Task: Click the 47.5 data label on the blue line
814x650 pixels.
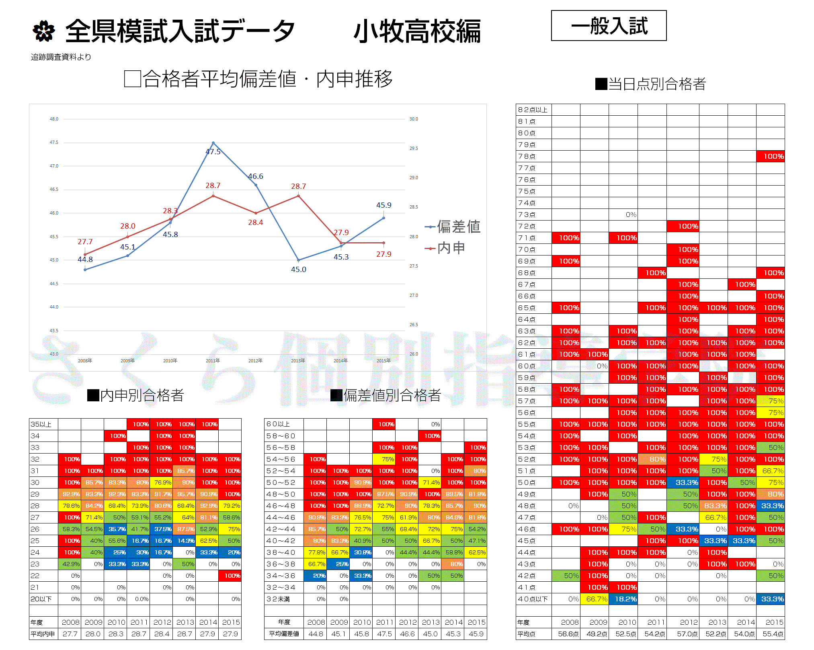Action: tap(213, 152)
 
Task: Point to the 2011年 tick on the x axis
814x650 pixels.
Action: tap(213, 361)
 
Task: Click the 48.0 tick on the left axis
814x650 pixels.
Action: tap(54, 119)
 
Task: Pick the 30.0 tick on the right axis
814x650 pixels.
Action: tap(414, 119)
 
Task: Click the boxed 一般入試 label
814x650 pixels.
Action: tap(609, 26)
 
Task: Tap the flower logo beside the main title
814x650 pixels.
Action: tap(43, 31)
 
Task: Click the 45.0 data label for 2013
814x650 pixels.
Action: tap(299, 270)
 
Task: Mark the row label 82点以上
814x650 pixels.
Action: tap(533, 110)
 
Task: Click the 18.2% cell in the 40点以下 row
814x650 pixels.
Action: tap(626, 599)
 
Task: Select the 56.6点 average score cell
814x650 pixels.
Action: tap(568, 634)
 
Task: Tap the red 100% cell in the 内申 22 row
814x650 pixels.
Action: tap(232, 576)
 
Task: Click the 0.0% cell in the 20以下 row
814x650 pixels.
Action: tap(141, 599)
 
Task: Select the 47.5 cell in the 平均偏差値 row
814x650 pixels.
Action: tap(384, 634)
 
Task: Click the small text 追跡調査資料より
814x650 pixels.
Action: tap(61, 57)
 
